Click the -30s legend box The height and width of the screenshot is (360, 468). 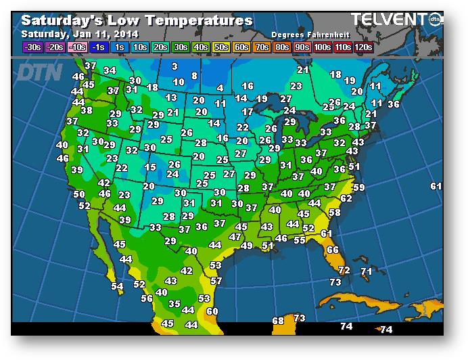point(32,47)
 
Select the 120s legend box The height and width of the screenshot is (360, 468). point(363,47)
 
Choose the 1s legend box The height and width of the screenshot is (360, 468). point(119,47)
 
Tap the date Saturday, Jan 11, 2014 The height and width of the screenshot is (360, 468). point(80,34)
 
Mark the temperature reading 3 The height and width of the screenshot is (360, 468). point(174,66)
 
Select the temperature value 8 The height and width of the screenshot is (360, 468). point(194,76)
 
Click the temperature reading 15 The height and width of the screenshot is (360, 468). point(150,167)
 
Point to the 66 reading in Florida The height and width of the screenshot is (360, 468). point(332,250)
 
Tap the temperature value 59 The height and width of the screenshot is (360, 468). point(358,187)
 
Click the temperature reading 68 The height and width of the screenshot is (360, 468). point(278,321)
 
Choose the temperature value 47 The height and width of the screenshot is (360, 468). point(235,238)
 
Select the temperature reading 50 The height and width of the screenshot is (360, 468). point(79,195)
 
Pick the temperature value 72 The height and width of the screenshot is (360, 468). point(344,270)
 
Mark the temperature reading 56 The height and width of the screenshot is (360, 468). point(147,298)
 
